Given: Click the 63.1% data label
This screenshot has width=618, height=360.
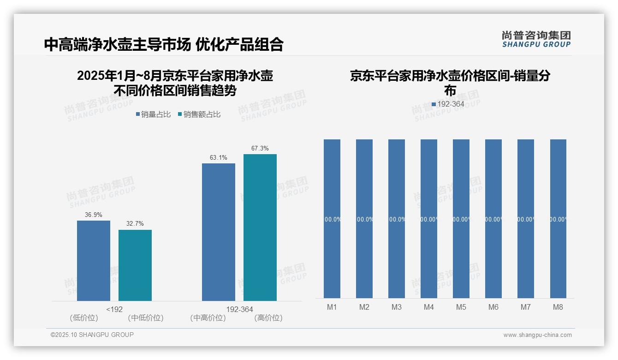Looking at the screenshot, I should [x=218, y=158].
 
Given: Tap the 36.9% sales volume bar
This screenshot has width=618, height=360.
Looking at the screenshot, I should [x=94, y=261].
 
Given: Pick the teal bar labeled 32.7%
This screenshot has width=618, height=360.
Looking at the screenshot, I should [x=135, y=265].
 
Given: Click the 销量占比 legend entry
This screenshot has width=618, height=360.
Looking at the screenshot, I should [x=155, y=114].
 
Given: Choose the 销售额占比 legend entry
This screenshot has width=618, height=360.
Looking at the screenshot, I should [x=199, y=114].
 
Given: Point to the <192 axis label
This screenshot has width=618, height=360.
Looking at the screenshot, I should [x=114, y=309].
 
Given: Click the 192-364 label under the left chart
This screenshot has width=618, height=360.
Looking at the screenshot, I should [x=239, y=309].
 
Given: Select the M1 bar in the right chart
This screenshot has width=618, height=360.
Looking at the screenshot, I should [x=332, y=219].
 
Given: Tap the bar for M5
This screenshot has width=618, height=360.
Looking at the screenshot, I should [x=461, y=219].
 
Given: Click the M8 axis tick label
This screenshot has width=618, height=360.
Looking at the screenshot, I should [x=558, y=307].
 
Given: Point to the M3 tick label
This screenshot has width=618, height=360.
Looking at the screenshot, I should [x=397, y=307].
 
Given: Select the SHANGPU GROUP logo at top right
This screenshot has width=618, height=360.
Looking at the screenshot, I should [x=536, y=39].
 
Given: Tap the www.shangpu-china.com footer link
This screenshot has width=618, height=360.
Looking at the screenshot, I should [x=537, y=335].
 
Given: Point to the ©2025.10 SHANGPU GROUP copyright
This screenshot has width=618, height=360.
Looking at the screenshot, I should [x=92, y=335].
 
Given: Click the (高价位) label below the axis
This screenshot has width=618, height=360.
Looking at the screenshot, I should [x=268, y=318].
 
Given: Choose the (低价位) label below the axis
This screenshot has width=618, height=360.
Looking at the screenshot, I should [x=84, y=318].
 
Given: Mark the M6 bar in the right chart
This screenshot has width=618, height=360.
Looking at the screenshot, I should [x=493, y=219].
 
